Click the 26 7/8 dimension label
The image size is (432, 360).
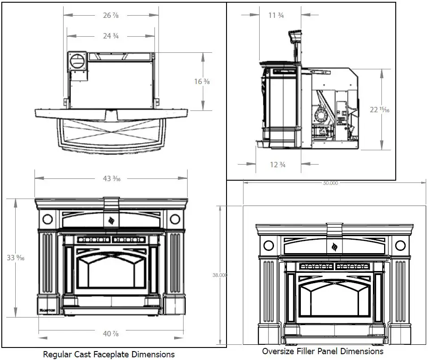(x=111, y=15)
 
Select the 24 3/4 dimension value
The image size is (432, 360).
(x=111, y=36)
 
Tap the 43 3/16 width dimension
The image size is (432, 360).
(x=111, y=178)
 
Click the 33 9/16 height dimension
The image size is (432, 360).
(x=15, y=258)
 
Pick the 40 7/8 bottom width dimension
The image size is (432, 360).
(x=111, y=334)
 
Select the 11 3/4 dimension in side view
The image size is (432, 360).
(x=276, y=15)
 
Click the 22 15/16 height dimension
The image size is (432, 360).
(x=380, y=110)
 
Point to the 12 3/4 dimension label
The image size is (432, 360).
(x=277, y=165)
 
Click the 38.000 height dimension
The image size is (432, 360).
(x=220, y=275)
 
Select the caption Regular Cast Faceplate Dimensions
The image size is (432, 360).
(x=109, y=354)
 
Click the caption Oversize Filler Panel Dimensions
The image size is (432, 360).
(x=323, y=351)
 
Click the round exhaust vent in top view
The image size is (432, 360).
(x=78, y=62)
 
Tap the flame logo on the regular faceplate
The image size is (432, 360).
(x=111, y=220)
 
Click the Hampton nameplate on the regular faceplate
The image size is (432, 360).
(x=45, y=309)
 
